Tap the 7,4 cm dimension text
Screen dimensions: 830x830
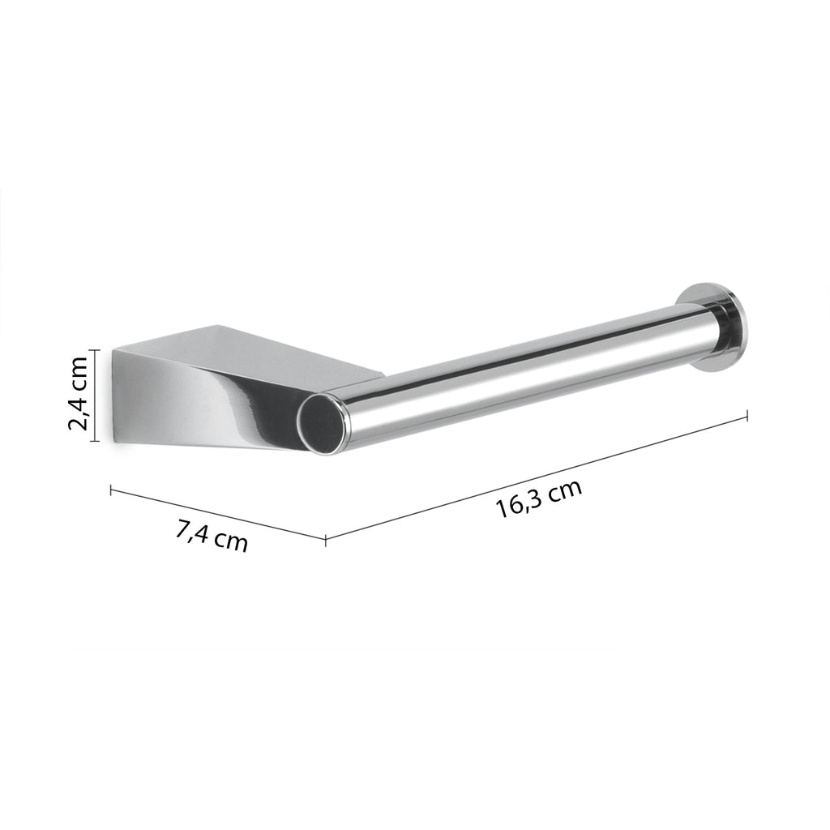212,536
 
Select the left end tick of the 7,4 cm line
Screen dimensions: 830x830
110,489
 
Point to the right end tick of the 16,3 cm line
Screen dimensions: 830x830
746,415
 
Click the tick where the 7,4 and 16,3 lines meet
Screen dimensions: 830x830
325,539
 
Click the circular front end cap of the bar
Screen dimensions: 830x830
321,423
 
